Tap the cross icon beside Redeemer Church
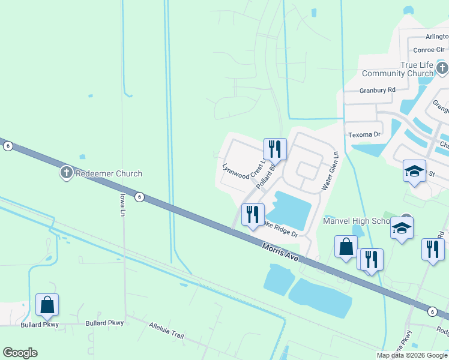(66, 174)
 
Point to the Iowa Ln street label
(122, 205)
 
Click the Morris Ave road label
(280, 252)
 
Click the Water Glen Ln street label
(330, 171)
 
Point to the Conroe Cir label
(427, 50)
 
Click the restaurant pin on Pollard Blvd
(275, 149)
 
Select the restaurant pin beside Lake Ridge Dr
(253, 214)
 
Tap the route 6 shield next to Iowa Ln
(139, 196)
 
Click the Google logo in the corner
(20, 353)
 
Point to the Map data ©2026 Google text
(412, 355)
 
